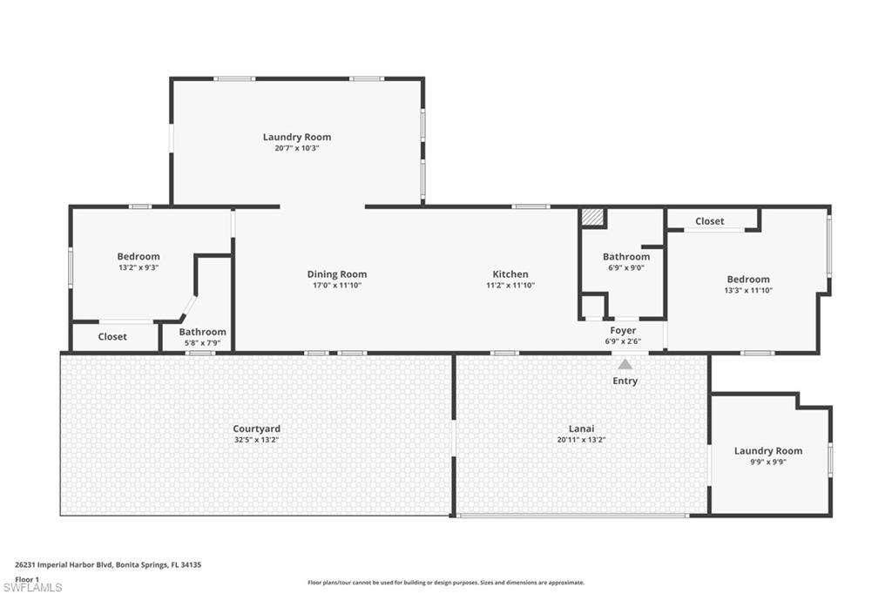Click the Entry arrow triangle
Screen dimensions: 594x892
point(625,364)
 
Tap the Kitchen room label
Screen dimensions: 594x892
point(510,274)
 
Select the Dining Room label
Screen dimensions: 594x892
point(336,274)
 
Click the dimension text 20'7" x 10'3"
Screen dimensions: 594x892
point(297,148)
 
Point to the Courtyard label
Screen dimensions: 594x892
point(256,429)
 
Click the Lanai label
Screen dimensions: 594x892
point(581,429)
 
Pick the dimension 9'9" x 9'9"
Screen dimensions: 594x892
point(767,462)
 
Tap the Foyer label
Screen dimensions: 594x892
point(623,330)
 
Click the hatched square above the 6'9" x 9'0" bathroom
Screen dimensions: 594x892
point(592,217)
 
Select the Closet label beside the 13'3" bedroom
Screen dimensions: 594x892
point(709,221)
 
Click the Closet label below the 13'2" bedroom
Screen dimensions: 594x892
point(112,336)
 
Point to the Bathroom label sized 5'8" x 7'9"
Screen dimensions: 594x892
point(202,332)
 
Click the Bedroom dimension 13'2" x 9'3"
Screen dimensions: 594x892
point(139,268)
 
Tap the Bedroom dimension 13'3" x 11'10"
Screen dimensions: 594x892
point(748,291)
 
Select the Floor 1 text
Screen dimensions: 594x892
point(27,579)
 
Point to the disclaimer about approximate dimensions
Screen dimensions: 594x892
point(445,583)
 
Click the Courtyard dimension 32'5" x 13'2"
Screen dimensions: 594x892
point(256,440)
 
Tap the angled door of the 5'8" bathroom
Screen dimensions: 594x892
point(187,307)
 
